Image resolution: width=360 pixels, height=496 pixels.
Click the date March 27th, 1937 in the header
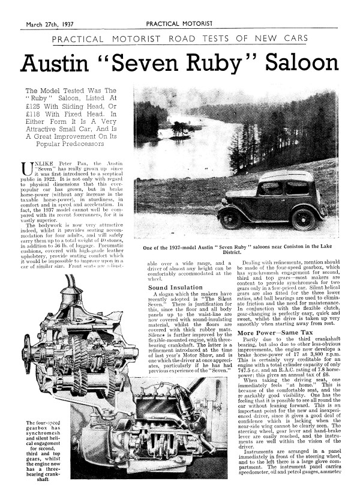click(x=52, y=25)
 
